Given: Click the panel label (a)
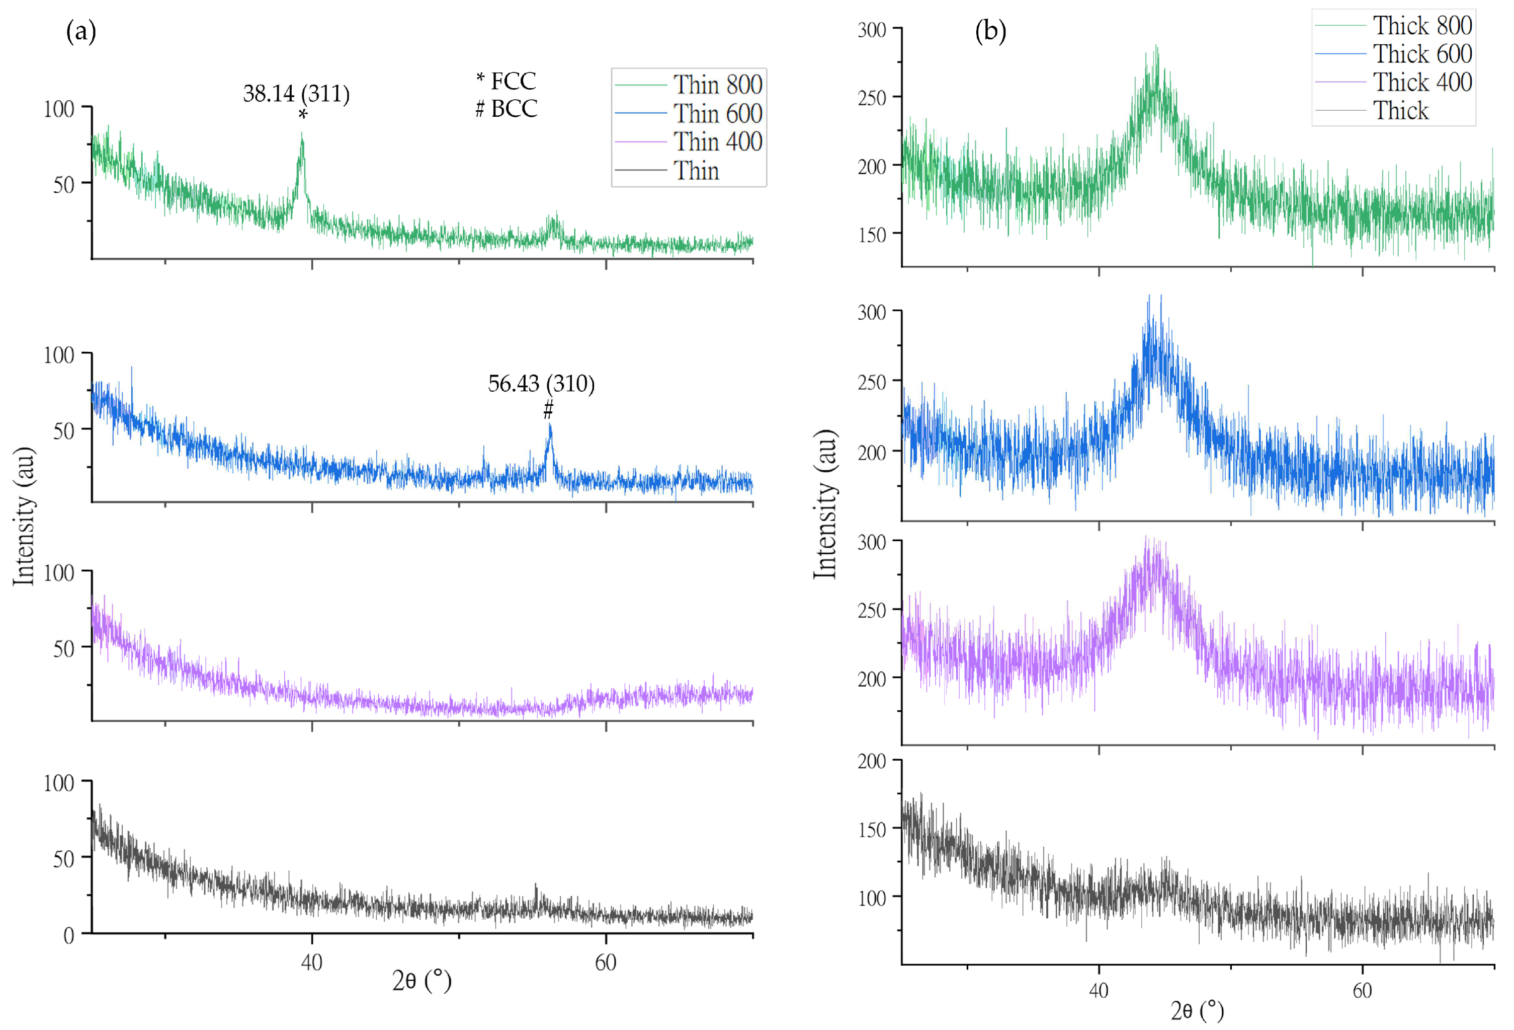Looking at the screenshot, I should [81, 31].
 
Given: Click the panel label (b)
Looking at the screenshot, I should [989, 31].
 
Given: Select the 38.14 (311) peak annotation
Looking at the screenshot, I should [296, 94].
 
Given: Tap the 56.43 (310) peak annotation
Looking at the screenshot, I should [541, 384].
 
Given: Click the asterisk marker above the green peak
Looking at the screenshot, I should [302, 115].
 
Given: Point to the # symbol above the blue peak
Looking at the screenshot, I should [549, 410].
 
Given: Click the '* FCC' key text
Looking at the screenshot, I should [506, 81].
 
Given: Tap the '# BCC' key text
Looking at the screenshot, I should [506, 108].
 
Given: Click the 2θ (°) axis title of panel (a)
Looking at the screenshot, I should [422, 980].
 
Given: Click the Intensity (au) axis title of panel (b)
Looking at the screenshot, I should [825, 504].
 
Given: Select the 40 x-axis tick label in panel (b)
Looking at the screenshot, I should [1099, 991].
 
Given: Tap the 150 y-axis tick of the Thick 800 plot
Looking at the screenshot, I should [872, 235].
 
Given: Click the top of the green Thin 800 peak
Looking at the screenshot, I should [302, 134].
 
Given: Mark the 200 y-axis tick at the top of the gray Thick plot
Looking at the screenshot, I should [872, 761].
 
